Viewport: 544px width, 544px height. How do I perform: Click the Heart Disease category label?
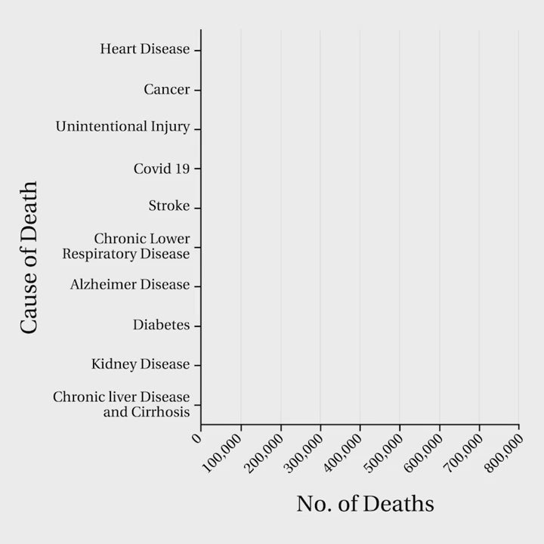pyautogui.click(x=145, y=49)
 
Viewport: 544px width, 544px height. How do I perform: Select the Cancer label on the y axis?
pyautogui.click(x=167, y=90)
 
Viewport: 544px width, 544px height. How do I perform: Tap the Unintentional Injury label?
pyautogui.click(x=122, y=127)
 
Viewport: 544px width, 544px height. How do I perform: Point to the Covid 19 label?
pyautogui.click(x=162, y=168)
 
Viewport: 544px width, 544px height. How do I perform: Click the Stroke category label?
pyautogui.click(x=169, y=206)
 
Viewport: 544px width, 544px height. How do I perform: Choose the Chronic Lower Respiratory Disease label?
pyautogui.click(x=126, y=246)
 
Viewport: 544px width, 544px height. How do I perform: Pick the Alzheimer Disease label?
pyautogui.click(x=130, y=285)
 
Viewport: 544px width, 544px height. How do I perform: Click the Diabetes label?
pyautogui.click(x=161, y=325)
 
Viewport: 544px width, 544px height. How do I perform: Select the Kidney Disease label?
pyautogui.click(x=141, y=364)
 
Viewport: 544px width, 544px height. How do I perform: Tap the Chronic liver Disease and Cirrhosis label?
pyautogui.click(x=122, y=404)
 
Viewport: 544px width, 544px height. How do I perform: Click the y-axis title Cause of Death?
pyautogui.click(x=29, y=257)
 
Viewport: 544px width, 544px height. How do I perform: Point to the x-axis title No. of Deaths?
pyautogui.click(x=365, y=503)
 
